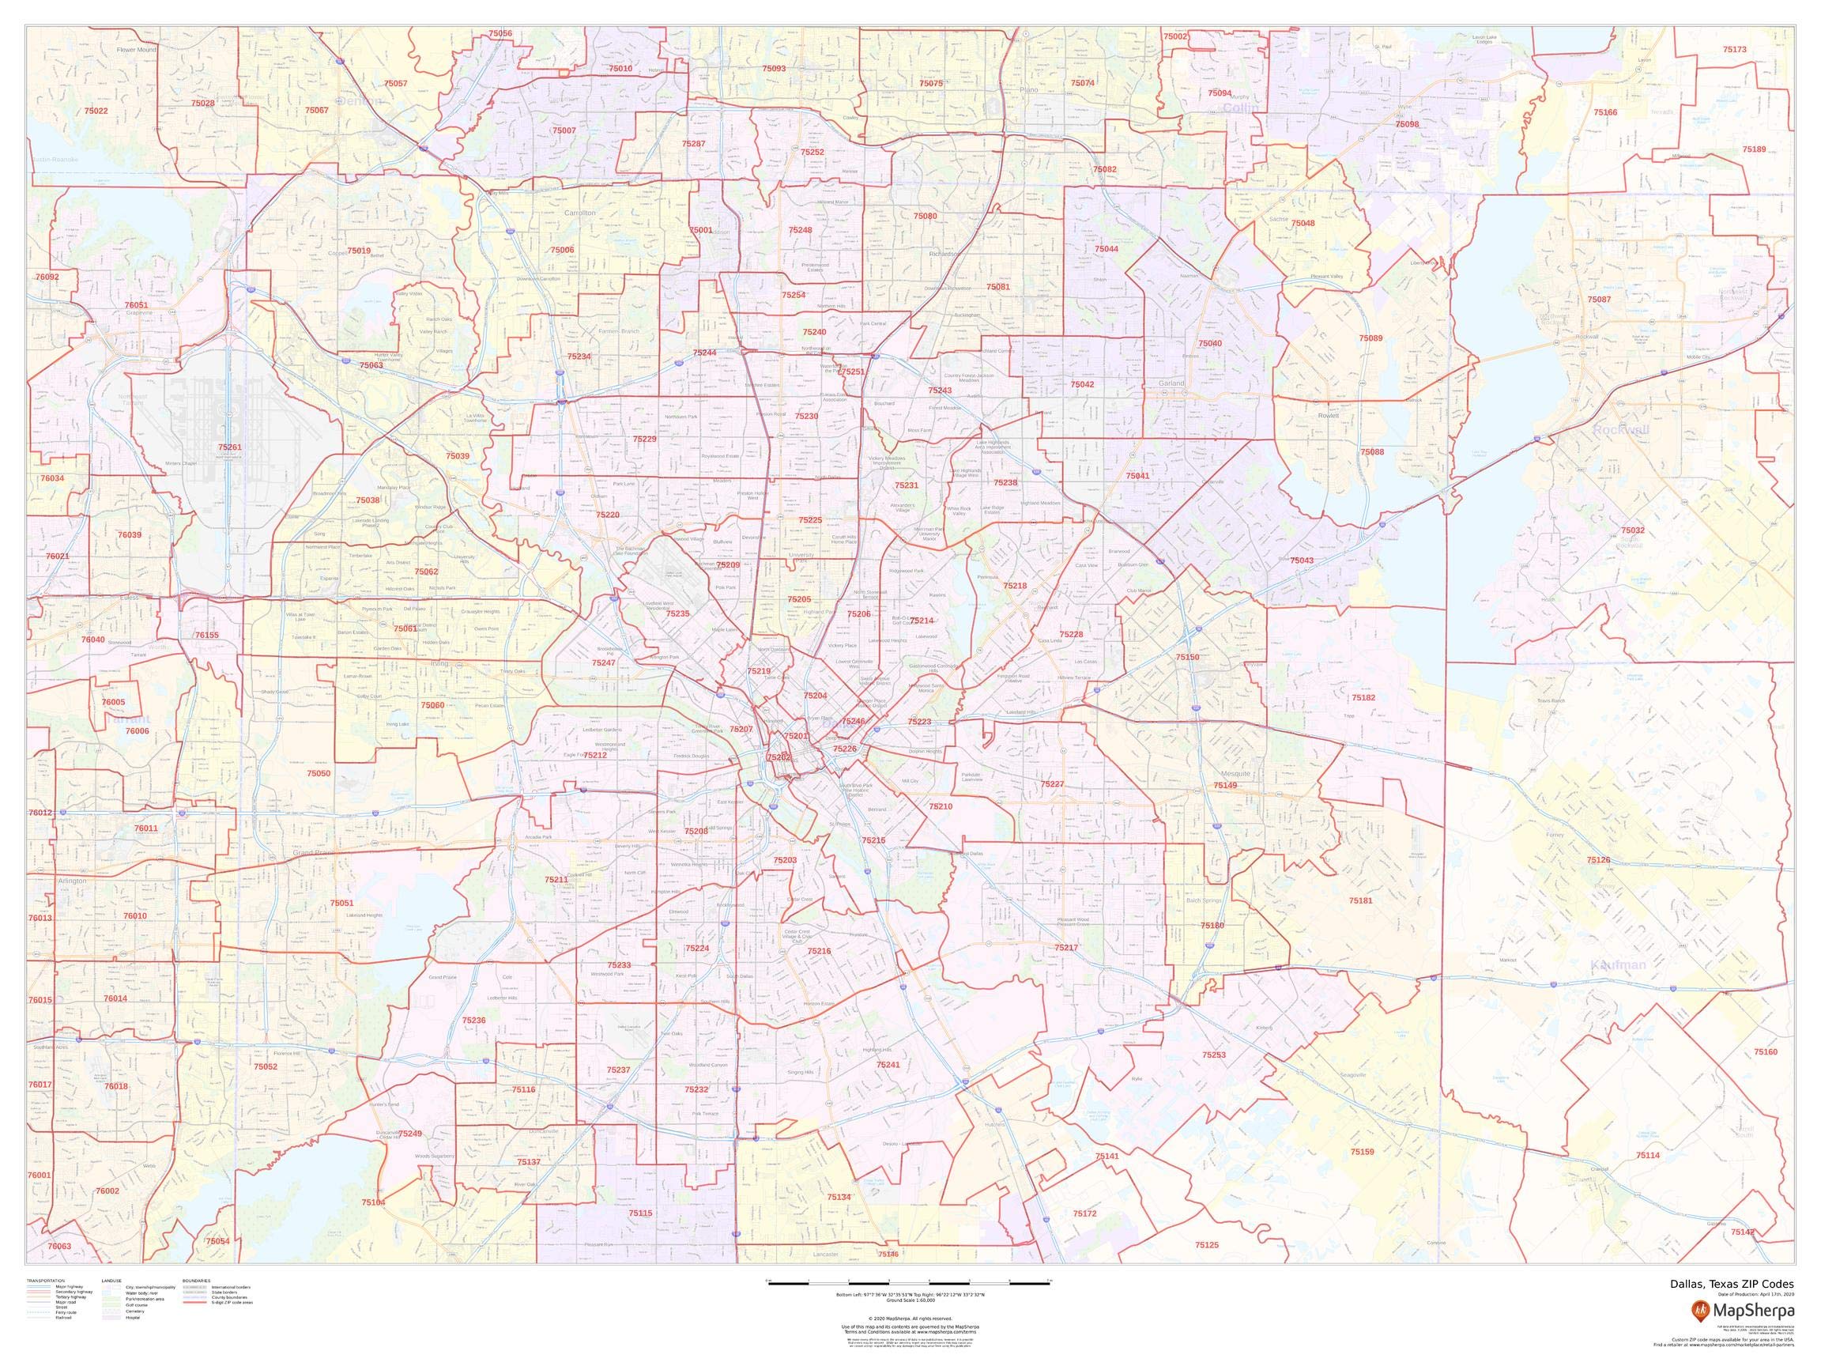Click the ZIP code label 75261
(230, 447)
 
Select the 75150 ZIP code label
(1187, 657)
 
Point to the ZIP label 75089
(1370, 338)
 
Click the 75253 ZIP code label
(1213, 1055)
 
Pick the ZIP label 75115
(639, 1213)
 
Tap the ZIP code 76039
(130, 535)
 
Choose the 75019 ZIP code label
(359, 251)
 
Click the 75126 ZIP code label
(1599, 859)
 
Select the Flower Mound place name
(136, 49)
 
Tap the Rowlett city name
(1329, 416)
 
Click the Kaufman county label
(1618, 965)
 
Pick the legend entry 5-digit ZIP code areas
(232, 1304)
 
